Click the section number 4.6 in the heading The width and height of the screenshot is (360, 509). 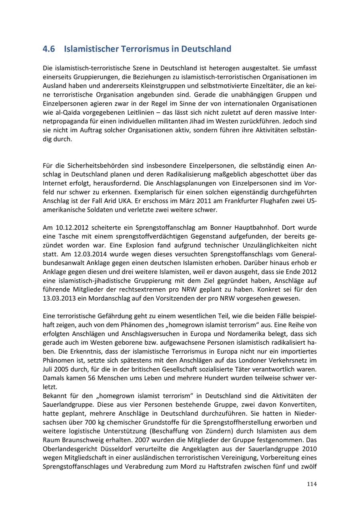point(49,49)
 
